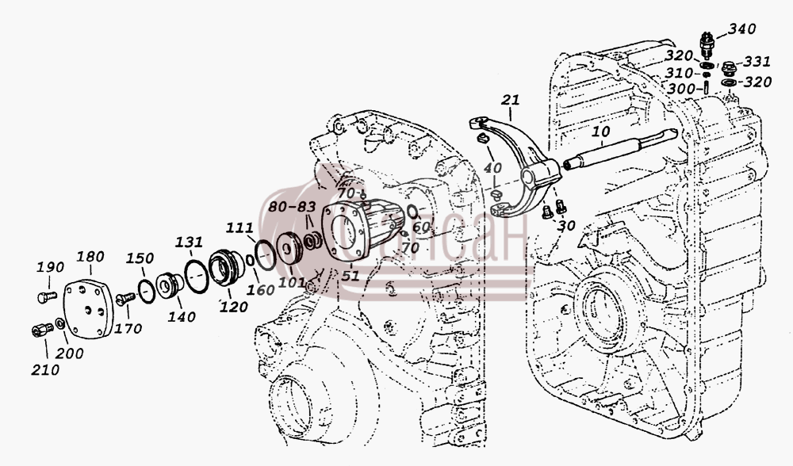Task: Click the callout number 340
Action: (742, 29)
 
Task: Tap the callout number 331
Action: (757, 62)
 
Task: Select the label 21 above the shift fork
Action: (510, 100)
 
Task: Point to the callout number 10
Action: (600, 132)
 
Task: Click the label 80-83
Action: (292, 207)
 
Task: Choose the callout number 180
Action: (90, 256)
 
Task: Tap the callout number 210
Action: (45, 369)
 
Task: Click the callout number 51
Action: (350, 276)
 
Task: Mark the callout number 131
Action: (190, 242)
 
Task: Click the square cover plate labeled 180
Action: (87, 311)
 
